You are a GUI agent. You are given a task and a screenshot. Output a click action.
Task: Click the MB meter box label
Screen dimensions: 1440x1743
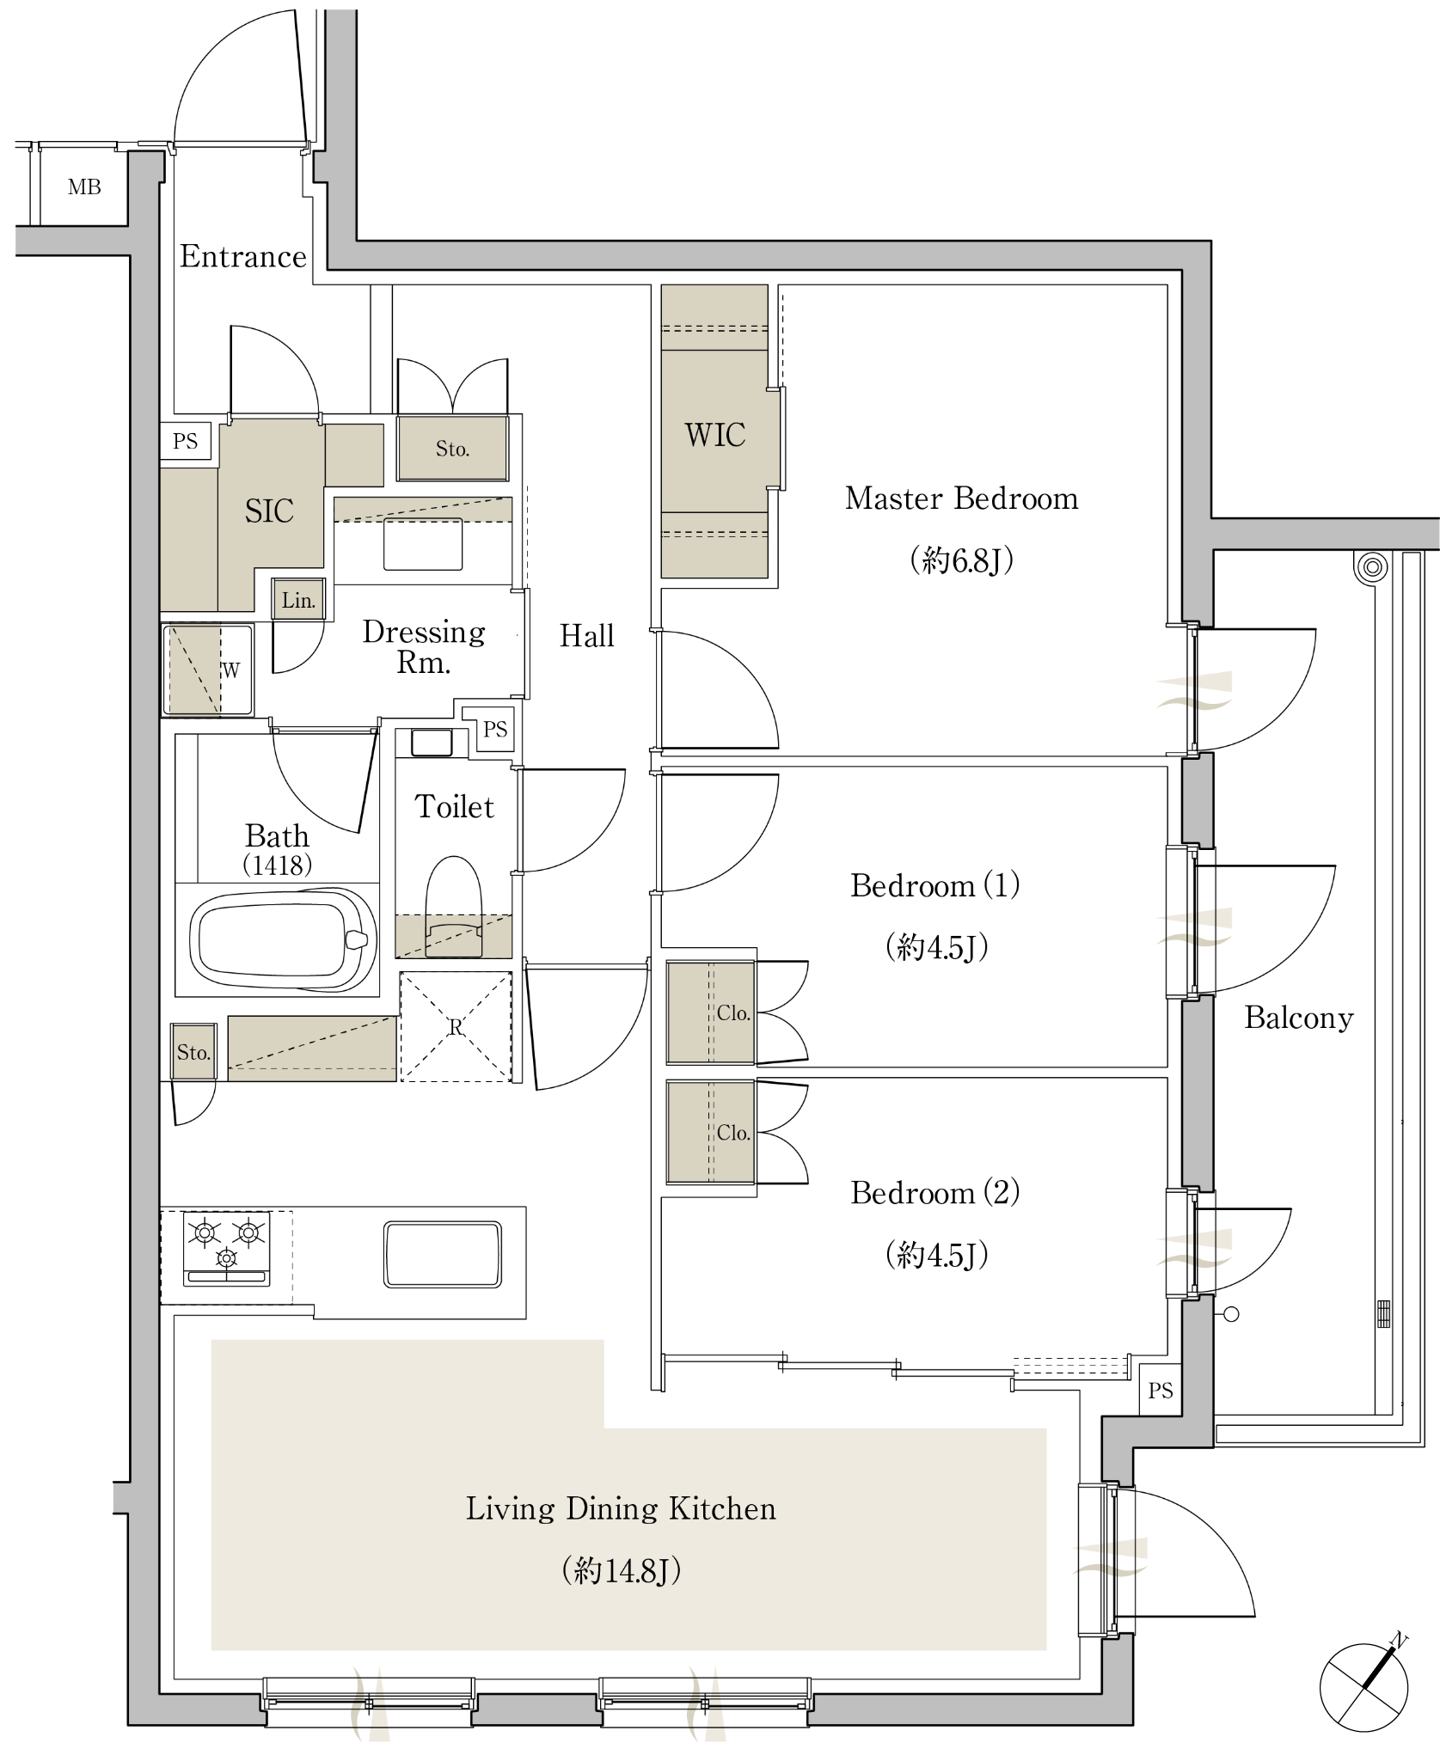[x=84, y=187]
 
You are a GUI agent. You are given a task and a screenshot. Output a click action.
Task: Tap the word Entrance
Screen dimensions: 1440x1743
[x=243, y=256]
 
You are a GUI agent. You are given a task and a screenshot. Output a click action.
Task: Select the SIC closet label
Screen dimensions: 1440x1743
[x=269, y=511]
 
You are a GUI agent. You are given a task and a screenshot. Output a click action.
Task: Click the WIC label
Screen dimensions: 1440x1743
[x=714, y=435]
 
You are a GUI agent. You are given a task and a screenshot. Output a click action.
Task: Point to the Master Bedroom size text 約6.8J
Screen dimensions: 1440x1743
[x=961, y=560]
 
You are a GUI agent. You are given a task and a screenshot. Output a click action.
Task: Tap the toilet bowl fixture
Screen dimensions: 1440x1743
[x=454, y=907]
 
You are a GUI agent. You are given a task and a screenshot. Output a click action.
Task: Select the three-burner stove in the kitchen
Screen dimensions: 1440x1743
[x=227, y=1249]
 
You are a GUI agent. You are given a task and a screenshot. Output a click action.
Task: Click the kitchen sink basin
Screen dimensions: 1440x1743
[x=443, y=1255]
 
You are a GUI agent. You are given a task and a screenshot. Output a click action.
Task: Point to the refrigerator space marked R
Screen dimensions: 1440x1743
[x=456, y=1026]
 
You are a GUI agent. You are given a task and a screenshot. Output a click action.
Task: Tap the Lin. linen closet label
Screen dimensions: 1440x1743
[x=298, y=600]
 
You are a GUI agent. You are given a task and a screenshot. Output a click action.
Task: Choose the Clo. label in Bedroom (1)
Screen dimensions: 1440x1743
[x=733, y=1012]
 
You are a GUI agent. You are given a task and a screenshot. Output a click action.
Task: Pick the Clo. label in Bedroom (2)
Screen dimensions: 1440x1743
[x=733, y=1133]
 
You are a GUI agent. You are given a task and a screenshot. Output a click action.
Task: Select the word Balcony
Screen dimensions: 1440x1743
[x=1299, y=1018]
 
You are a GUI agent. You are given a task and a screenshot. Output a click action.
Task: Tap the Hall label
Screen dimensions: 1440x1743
[x=587, y=636]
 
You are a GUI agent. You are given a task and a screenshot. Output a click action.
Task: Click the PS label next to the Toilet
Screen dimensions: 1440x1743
[x=495, y=730]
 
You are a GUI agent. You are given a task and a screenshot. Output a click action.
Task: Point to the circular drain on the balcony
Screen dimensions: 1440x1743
[x=1373, y=567]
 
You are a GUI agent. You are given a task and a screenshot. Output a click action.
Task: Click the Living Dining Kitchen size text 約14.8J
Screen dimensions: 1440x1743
[x=621, y=1571]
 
